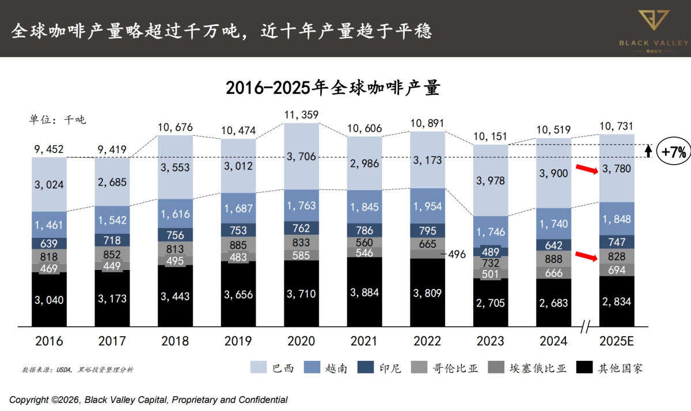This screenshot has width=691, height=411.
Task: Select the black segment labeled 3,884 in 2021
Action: click(365, 292)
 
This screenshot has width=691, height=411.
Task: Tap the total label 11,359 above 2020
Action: click(301, 115)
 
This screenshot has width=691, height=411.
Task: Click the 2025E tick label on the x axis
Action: click(616, 341)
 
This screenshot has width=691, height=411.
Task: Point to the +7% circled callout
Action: click(673, 152)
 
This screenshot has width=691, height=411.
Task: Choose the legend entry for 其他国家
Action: click(609, 368)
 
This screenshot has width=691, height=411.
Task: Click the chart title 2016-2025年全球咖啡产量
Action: click(332, 88)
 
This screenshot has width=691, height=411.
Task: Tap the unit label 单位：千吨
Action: click(57, 120)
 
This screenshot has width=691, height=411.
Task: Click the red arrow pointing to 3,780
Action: click(588, 170)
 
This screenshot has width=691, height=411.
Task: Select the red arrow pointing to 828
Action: click(588, 256)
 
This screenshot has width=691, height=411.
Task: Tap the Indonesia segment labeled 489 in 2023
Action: click(491, 252)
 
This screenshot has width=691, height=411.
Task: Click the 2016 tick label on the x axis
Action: click(49, 341)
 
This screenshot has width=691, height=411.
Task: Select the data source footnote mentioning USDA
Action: click(78, 369)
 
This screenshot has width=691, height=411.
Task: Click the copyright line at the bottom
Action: click(148, 399)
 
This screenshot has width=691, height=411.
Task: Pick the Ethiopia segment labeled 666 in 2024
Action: click(554, 273)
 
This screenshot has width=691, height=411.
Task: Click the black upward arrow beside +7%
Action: click(648, 151)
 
